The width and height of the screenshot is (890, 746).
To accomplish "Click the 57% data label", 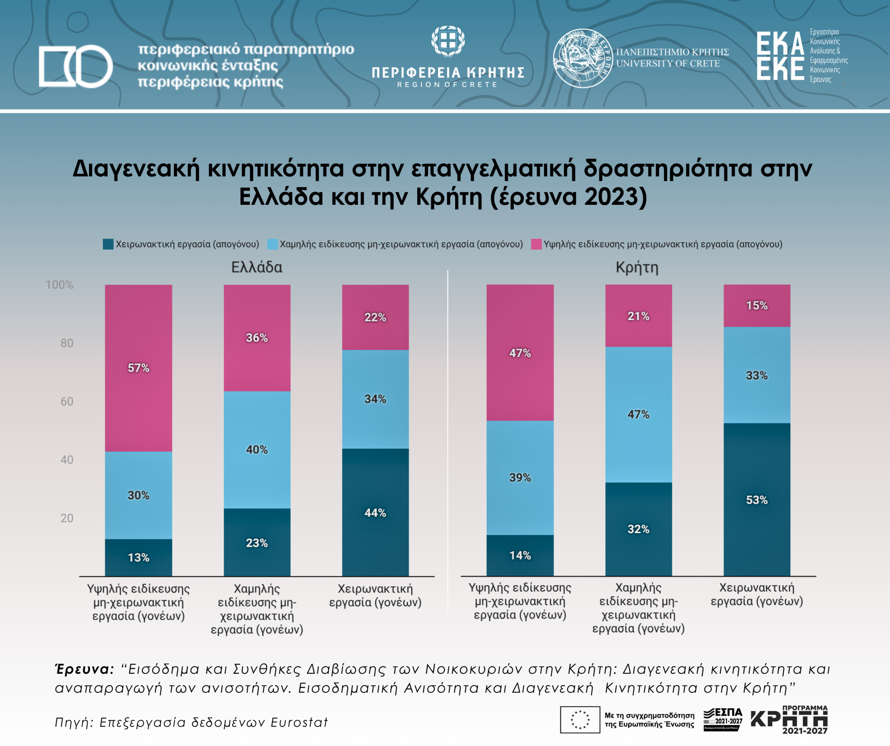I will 139,368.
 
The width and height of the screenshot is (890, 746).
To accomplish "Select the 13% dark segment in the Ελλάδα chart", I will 139,557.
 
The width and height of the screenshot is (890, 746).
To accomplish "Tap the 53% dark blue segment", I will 756,500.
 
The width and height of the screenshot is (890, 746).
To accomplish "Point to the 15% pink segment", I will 756,306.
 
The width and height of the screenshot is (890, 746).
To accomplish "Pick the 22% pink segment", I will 375,317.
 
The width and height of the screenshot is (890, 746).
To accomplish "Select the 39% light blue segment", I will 520,477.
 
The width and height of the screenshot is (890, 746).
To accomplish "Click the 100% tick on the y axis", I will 59,285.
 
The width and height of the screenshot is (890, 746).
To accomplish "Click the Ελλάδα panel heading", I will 257,267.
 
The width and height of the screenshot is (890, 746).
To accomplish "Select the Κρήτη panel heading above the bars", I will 637,267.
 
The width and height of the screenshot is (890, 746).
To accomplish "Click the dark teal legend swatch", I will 108,244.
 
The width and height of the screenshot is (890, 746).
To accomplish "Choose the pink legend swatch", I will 536,244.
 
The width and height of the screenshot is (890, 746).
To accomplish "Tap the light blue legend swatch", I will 273,244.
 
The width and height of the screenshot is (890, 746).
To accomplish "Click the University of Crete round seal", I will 582,58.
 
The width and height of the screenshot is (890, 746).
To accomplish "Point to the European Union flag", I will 580,719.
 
